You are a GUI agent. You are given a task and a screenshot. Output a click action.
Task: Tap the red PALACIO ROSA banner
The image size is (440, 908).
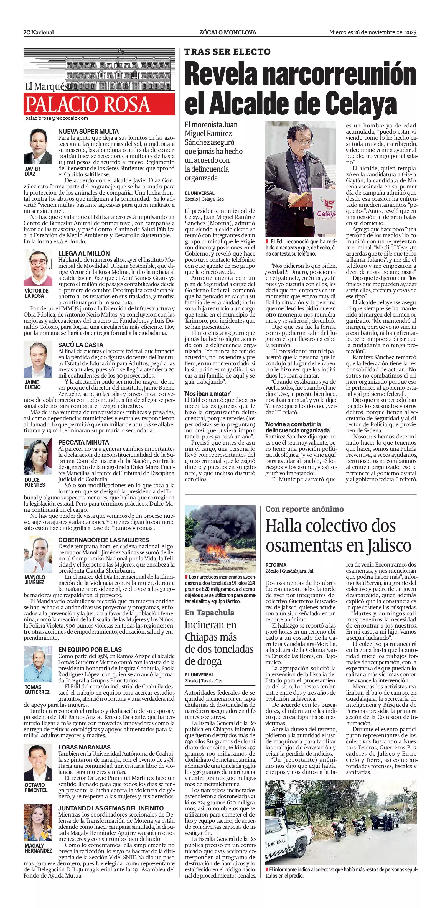(x=99, y=104)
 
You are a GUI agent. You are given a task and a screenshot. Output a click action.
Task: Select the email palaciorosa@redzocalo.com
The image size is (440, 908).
(x=56, y=118)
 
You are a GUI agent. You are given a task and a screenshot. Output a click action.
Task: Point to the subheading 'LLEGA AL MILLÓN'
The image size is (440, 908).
(x=84, y=253)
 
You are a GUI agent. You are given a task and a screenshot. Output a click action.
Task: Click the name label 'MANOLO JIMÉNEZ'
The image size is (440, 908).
(x=35, y=580)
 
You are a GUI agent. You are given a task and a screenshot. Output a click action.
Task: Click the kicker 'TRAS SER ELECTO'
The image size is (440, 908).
(x=227, y=52)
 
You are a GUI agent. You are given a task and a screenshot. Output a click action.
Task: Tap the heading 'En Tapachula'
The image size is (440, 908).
(x=209, y=612)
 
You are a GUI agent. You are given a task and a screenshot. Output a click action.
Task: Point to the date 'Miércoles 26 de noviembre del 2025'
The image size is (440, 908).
(x=373, y=32)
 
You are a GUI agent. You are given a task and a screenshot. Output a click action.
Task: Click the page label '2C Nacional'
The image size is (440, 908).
(x=39, y=32)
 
